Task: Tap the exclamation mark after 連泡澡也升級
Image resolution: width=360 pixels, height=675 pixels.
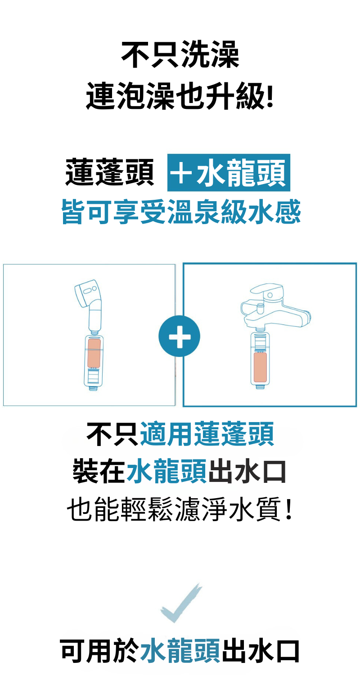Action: [270, 96]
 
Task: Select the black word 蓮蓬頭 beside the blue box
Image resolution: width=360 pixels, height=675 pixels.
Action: [110, 172]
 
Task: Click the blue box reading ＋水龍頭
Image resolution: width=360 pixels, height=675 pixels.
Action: [229, 172]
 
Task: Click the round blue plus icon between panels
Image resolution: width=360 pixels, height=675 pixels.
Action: [180, 336]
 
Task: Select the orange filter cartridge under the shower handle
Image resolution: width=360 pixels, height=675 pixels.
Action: [94, 353]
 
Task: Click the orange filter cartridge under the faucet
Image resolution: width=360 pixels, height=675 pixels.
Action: [260, 367]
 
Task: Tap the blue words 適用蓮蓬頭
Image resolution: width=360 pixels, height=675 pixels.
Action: [207, 434]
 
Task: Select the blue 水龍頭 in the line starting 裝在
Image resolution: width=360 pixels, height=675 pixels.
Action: [166, 471]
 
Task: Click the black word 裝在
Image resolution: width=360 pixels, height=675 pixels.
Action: [99, 471]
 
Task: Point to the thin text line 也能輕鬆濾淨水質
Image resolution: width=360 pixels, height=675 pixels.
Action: [180, 509]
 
